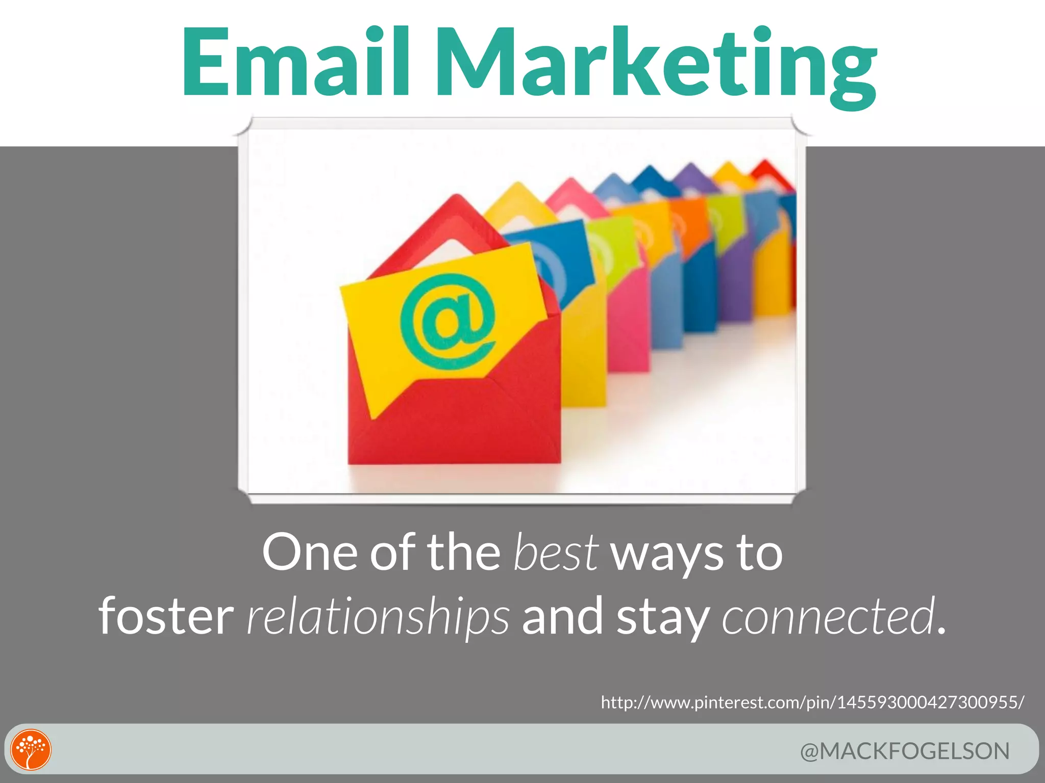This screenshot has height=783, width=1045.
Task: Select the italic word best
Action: tap(555, 553)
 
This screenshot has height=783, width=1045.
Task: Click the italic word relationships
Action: tap(378, 617)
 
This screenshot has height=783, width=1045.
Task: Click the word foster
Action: tap(166, 617)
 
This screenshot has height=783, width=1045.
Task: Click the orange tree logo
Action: tap(31, 749)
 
